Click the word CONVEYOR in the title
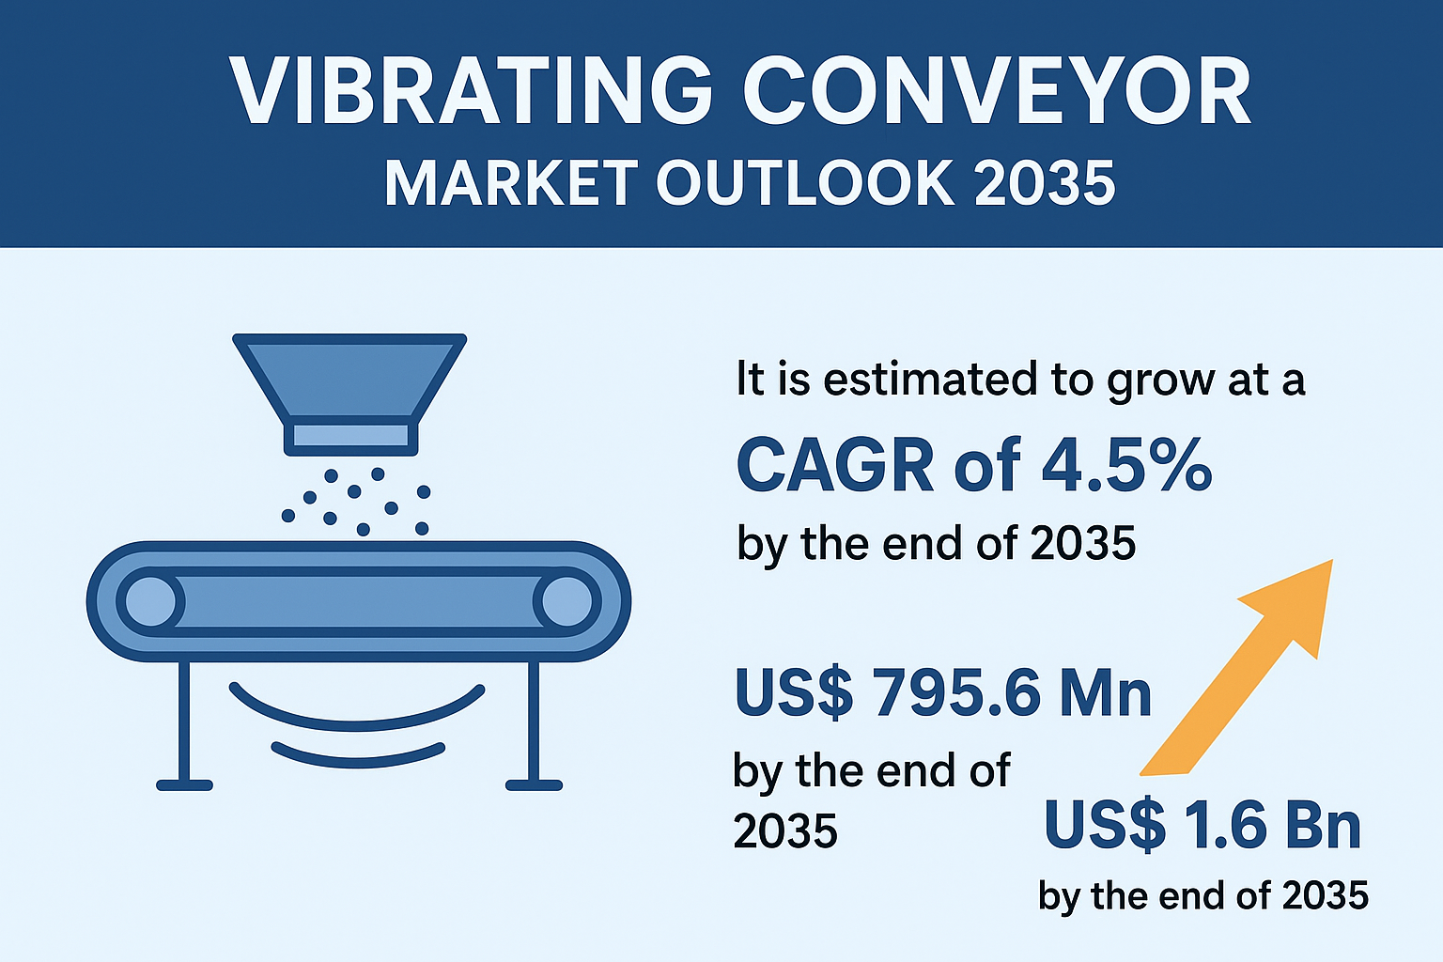point(997,91)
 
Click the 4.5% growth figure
point(1127,465)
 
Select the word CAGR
point(835,465)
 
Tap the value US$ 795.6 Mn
point(942,692)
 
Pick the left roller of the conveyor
point(150,601)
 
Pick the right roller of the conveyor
point(566,601)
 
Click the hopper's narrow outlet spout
point(351,436)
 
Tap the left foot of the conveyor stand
point(184,784)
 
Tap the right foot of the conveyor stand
point(534,784)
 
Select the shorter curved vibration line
point(358,759)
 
